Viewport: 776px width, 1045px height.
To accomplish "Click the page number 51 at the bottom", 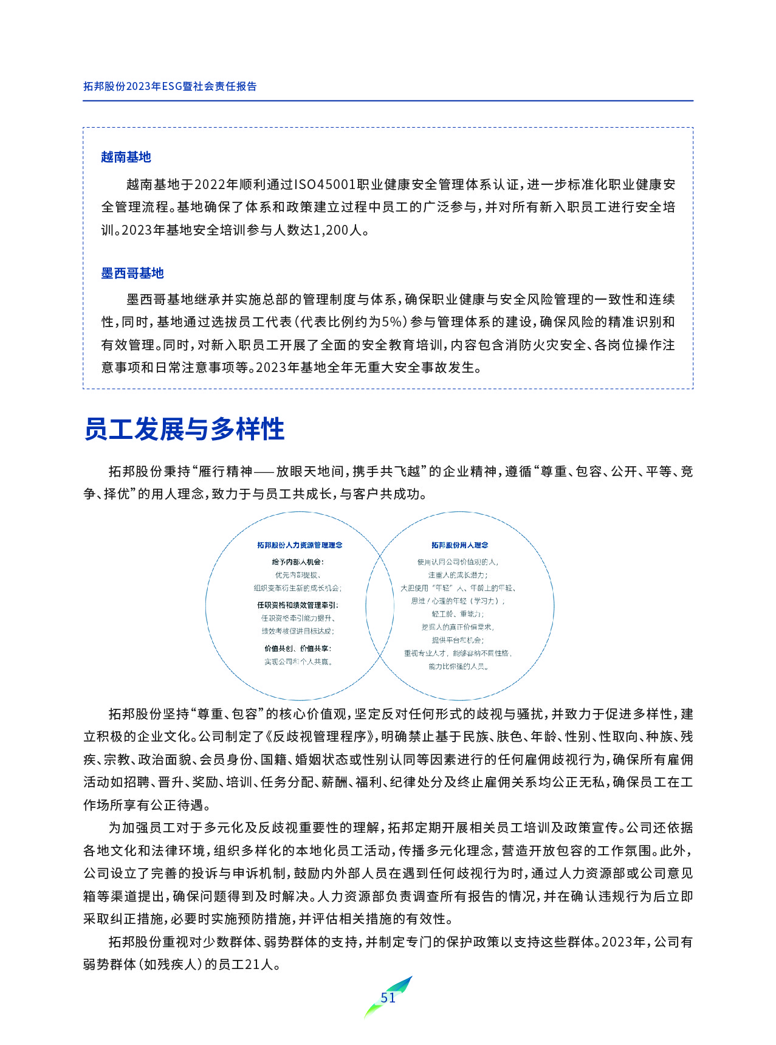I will coord(388,998).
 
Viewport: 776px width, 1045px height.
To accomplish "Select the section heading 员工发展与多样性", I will coord(184,429).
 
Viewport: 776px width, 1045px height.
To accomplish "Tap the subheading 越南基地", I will coord(126,157).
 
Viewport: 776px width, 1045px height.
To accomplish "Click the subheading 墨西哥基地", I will coord(132,273).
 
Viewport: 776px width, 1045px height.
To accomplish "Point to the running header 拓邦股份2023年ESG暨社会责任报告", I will coord(170,86).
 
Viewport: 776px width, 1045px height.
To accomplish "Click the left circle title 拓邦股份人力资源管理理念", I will coord(300,545).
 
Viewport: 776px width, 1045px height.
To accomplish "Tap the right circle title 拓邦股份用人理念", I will coord(459,545).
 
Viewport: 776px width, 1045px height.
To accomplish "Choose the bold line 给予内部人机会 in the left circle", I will coord(298,562).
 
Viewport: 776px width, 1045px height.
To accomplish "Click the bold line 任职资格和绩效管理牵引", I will coord(298,605).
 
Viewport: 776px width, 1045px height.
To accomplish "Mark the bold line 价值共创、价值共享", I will coord(298,648).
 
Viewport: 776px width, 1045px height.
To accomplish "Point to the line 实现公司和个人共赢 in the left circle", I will coord(298,661).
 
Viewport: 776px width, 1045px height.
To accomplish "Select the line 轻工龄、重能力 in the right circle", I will coord(458,614).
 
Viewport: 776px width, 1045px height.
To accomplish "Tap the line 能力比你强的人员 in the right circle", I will coord(459,666).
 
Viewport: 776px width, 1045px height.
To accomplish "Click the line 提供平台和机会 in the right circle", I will coord(458,640).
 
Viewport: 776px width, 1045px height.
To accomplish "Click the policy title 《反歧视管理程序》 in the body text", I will coord(322,737).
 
